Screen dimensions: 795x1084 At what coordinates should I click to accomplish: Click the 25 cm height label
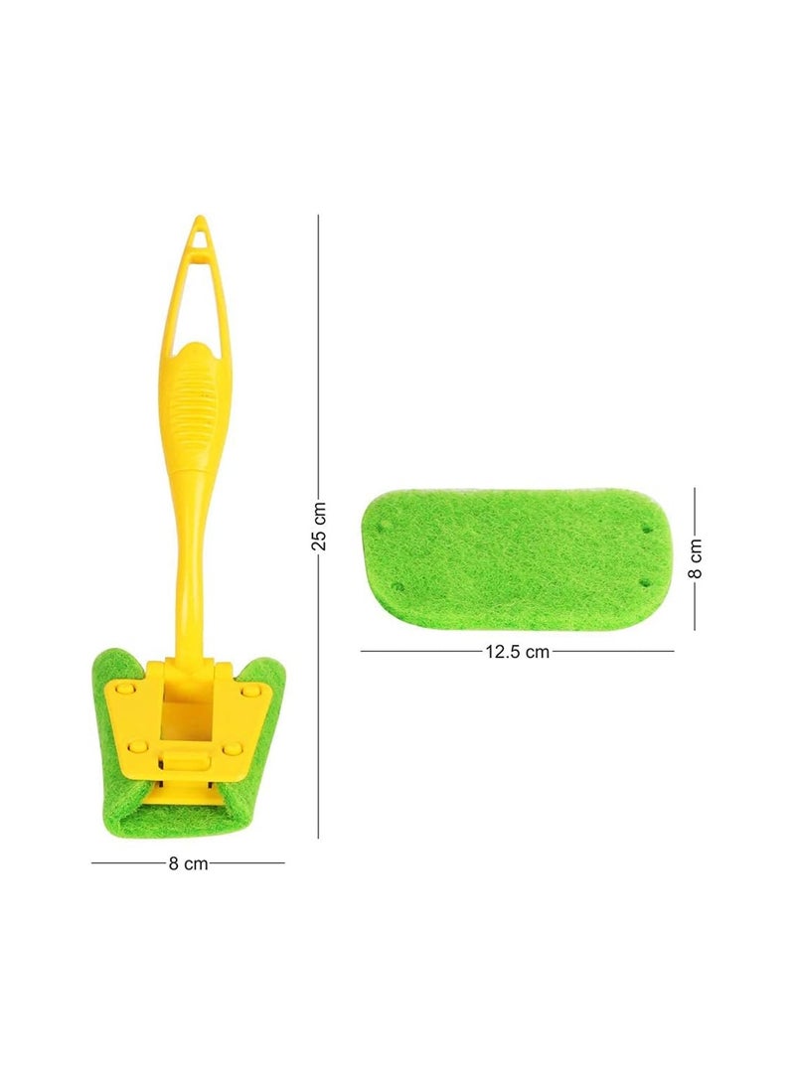[x=319, y=526]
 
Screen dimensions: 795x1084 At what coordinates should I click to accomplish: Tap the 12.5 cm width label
[x=517, y=651]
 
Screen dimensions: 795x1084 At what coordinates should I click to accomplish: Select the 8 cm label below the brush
[x=188, y=862]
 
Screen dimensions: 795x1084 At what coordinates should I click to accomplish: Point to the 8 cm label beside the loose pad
[x=696, y=558]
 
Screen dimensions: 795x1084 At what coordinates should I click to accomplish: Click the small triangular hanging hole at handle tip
[x=199, y=237]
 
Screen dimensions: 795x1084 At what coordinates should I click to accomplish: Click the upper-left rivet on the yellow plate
[x=125, y=690]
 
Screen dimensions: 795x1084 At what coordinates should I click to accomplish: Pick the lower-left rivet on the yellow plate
[x=138, y=745]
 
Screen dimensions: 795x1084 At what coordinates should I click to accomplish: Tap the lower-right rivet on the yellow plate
[x=232, y=747]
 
